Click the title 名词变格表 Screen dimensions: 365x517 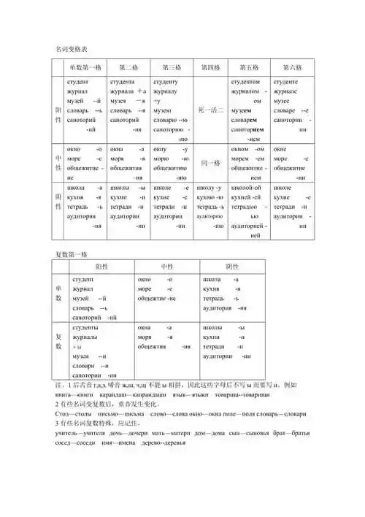click(x=72, y=49)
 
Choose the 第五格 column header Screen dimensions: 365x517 click(x=249, y=66)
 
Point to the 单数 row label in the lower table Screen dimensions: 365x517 click(x=59, y=294)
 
